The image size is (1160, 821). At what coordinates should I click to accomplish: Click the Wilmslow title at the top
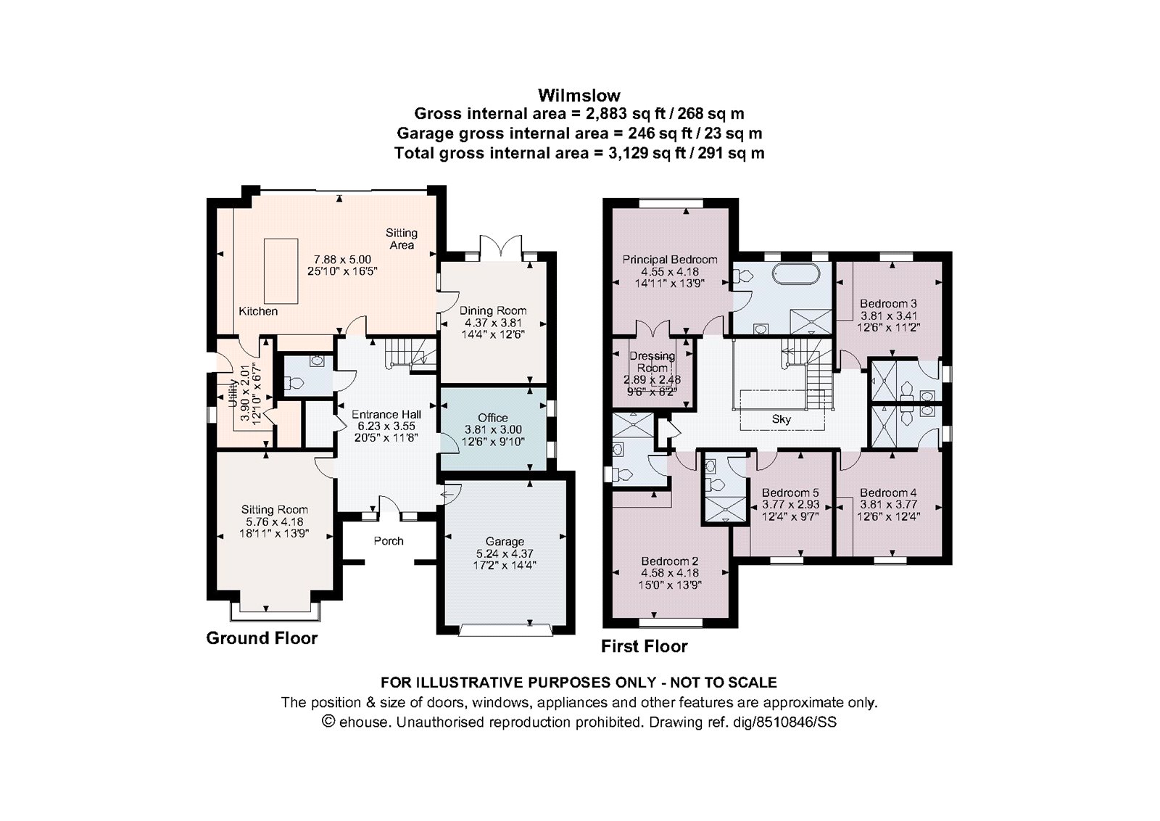point(579,94)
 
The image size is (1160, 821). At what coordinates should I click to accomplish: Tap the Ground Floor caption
point(262,638)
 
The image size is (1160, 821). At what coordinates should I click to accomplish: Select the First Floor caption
point(644,646)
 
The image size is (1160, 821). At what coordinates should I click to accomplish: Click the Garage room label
point(505,541)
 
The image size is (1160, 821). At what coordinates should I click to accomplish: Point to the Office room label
point(493,418)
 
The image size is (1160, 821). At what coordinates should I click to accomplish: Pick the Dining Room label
point(493,310)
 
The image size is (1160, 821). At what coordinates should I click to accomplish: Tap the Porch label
point(389,541)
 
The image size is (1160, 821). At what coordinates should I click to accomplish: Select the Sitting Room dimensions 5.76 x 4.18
point(274,521)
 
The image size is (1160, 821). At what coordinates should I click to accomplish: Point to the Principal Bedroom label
point(670,260)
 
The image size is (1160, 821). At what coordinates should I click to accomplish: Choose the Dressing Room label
point(652,362)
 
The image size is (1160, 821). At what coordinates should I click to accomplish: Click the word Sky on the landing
point(782,419)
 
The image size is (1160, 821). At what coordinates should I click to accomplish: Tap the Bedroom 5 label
point(790,492)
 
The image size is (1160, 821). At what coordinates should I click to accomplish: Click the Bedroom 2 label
point(669,561)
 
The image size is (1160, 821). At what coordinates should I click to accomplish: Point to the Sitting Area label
point(401,239)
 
